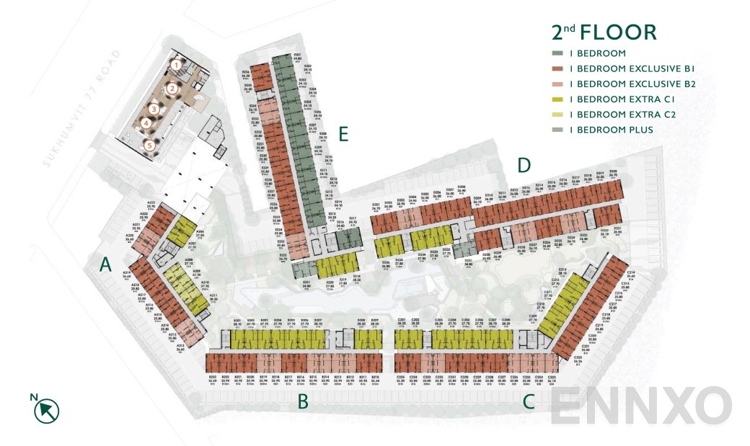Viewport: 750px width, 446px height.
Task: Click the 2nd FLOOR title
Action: pos(604,32)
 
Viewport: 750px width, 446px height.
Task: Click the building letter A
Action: pos(106,265)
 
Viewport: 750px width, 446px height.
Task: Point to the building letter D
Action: pos(524,166)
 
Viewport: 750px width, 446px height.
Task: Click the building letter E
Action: pos(343,135)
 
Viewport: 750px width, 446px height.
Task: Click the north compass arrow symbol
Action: pos(47,409)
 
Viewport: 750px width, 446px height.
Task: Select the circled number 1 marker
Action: pos(175,66)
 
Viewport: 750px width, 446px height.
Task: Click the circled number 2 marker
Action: pos(172,89)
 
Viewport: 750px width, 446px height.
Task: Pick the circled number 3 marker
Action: pos(154,109)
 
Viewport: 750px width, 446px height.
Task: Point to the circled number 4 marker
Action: pos(146,123)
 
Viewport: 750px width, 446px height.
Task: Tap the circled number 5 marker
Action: pos(149,146)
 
